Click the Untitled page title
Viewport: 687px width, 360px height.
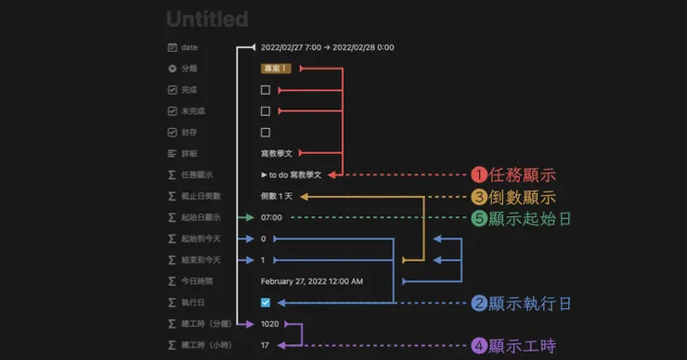point(207,19)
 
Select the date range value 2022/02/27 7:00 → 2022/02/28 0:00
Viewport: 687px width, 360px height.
point(327,46)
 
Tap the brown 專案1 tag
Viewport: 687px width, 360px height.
point(277,68)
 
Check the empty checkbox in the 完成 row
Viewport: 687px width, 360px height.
point(266,90)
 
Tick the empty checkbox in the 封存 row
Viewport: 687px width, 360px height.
point(266,132)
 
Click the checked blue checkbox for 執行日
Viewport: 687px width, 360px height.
point(266,302)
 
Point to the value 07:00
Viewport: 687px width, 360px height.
point(271,217)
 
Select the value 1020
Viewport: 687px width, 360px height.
point(270,324)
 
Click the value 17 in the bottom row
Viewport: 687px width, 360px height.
point(266,345)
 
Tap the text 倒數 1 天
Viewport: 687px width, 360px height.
point(278,196)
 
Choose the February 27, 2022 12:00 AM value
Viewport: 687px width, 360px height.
point(312,281)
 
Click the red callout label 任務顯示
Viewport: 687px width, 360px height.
point(521,174)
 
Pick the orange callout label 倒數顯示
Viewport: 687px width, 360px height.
point(521,197)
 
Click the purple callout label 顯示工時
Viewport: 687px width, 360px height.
point(521,346)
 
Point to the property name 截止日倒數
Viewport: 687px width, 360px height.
point(202,196)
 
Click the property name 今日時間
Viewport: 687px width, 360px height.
point(198,281)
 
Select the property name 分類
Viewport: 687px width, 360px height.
point(189,68)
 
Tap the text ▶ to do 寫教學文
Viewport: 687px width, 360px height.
point(292,174)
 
